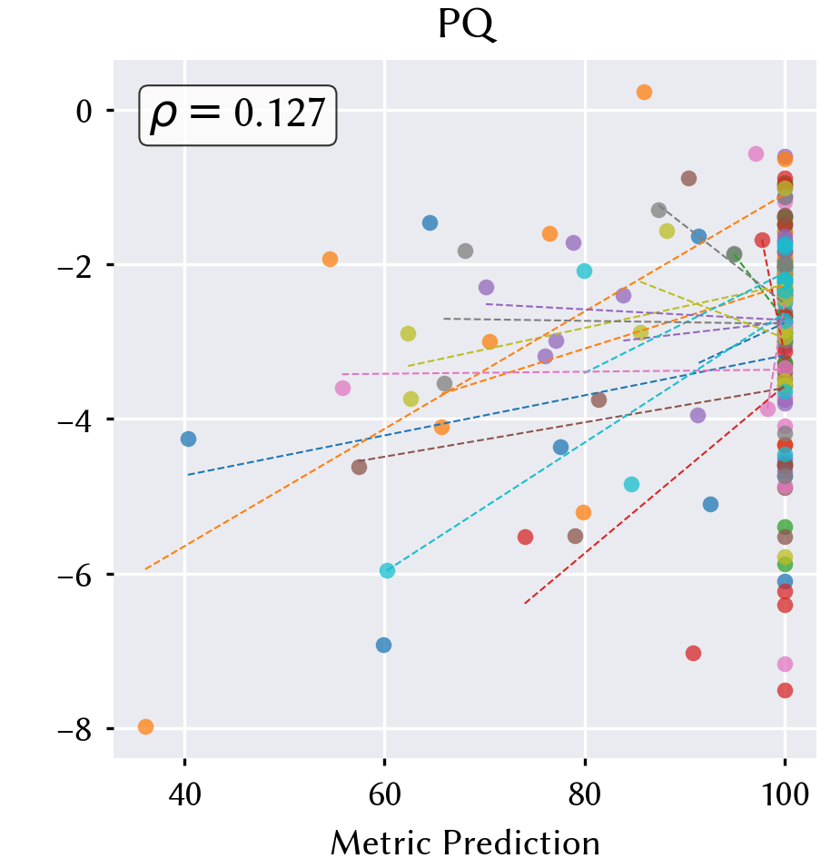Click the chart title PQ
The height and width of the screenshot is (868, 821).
point(466,25)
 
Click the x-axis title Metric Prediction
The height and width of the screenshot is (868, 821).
point(465,843)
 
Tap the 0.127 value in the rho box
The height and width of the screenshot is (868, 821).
point(280,114)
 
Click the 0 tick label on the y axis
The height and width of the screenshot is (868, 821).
point(84,113)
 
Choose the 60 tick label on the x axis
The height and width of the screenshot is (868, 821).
point(384,795)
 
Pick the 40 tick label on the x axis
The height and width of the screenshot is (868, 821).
point(185,795)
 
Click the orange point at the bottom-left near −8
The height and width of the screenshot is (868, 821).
point(145,727)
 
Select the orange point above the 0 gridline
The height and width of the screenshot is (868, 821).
point(644,93)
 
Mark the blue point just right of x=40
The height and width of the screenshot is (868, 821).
point(188,439)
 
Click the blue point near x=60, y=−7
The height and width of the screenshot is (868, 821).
point(383,645)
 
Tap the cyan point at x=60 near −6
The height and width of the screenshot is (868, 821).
point(388,571)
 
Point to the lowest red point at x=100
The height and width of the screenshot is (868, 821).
point(785,690)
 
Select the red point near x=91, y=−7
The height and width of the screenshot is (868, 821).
point(693,653)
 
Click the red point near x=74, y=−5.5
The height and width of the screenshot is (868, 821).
point(525,537)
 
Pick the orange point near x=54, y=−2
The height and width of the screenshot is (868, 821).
point(330,259)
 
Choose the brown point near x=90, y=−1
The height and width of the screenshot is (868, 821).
point(688,178)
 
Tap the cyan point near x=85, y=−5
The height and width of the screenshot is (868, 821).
point(632,484)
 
